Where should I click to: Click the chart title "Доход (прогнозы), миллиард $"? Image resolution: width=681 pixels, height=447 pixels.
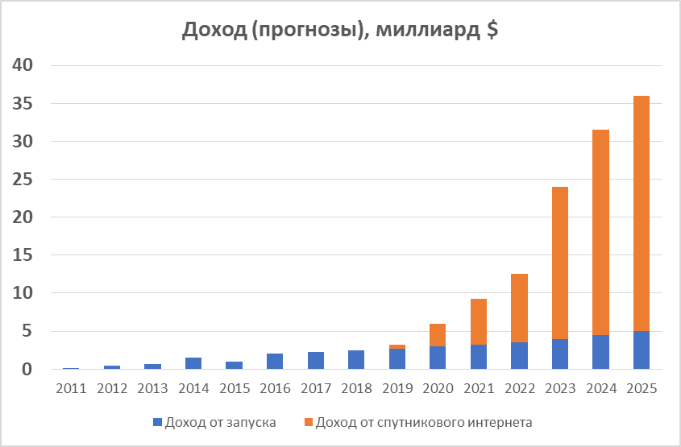click(340, 30)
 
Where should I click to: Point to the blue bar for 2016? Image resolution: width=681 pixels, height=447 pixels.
click(275, 361)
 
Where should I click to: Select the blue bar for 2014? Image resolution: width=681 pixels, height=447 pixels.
click(193, 363)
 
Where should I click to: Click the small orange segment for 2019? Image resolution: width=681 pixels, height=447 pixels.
click(397, 346)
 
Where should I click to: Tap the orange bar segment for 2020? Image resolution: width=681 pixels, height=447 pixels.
click(438, 335)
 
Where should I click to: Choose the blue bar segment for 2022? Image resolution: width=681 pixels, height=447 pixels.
click(519, 355)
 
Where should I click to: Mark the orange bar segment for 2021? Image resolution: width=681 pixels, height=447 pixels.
click(478, 321)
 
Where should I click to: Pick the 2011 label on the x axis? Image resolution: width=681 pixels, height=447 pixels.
click(71, 388)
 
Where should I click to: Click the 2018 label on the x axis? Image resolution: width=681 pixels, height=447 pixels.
click(356, 388)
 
